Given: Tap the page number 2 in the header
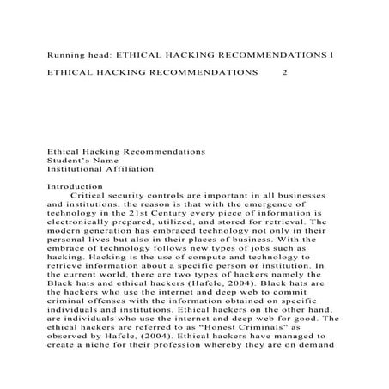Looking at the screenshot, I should click(286, 73).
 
